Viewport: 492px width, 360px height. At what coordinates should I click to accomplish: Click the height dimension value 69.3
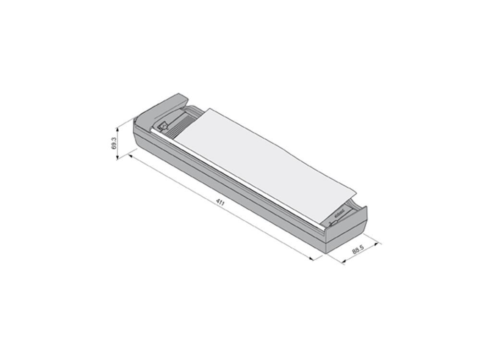(114, 143)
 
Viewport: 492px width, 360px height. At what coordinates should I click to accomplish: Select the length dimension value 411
(220, 203)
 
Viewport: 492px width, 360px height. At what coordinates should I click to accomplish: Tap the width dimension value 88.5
(357, 250)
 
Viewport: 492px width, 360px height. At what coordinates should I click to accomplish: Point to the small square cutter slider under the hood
(163, 126)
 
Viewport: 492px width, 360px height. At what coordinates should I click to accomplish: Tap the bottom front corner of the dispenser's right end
(327, 252)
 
